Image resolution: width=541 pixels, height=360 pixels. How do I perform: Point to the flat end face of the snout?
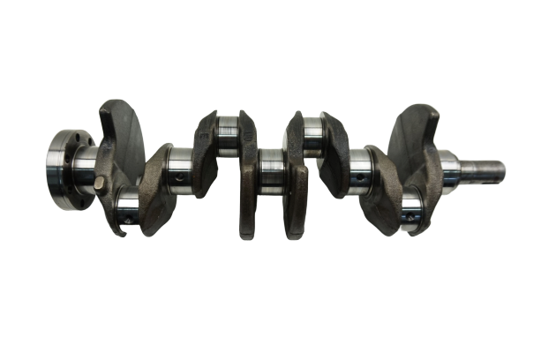(x=505, y=167)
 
